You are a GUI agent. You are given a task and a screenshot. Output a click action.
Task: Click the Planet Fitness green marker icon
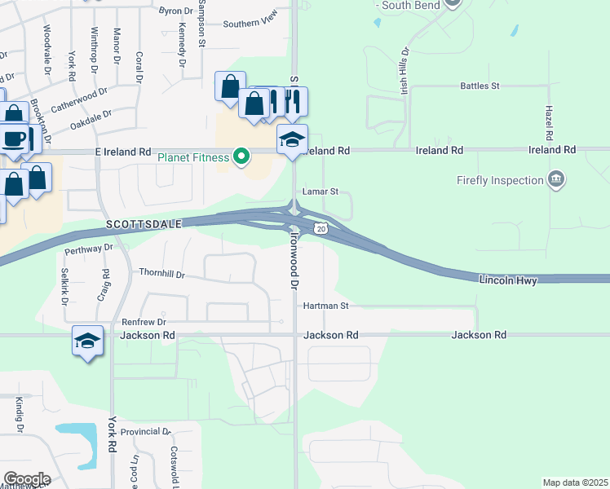click(x=241, y=156)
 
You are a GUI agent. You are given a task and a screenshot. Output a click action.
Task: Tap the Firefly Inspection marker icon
click(x=556, y=180)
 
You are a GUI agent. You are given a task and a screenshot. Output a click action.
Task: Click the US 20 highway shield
click(x=321, y=230)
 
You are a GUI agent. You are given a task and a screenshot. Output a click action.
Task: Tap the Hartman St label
click(x=325, y=306)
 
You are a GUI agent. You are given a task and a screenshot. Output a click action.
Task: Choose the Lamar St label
click(x=320, y=192)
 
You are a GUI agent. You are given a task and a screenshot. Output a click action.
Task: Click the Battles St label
click(x=480, y=86)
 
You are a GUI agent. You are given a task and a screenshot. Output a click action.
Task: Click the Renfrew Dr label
click(x=144, y=322)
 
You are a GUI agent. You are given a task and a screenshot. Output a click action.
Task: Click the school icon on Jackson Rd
click(x=87, y=341)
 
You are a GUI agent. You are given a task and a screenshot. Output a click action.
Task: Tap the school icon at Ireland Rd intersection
click(x=293, y=139)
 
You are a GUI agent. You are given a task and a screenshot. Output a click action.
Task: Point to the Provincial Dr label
click(x=145, y=431)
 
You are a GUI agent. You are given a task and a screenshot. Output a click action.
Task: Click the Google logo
click(x=27, y=479)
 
